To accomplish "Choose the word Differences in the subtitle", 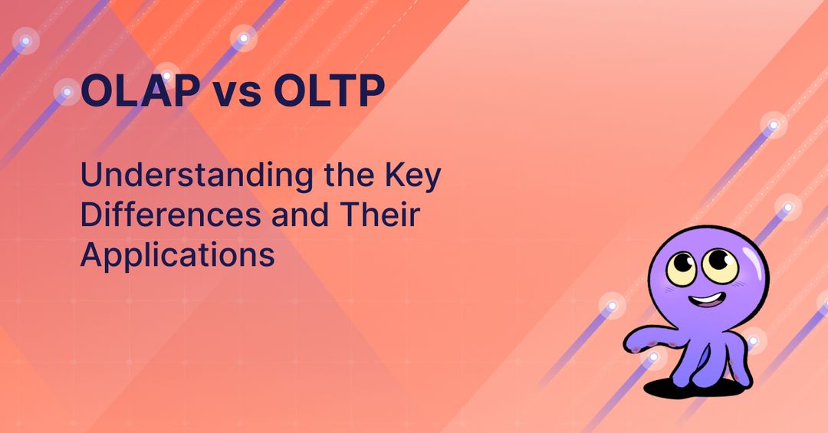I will (170, 215).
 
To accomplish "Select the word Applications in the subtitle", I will (177, 255).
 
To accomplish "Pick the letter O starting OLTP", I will (291, 91).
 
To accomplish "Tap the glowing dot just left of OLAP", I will (67, 93).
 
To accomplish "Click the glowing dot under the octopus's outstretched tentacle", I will (653, 357).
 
